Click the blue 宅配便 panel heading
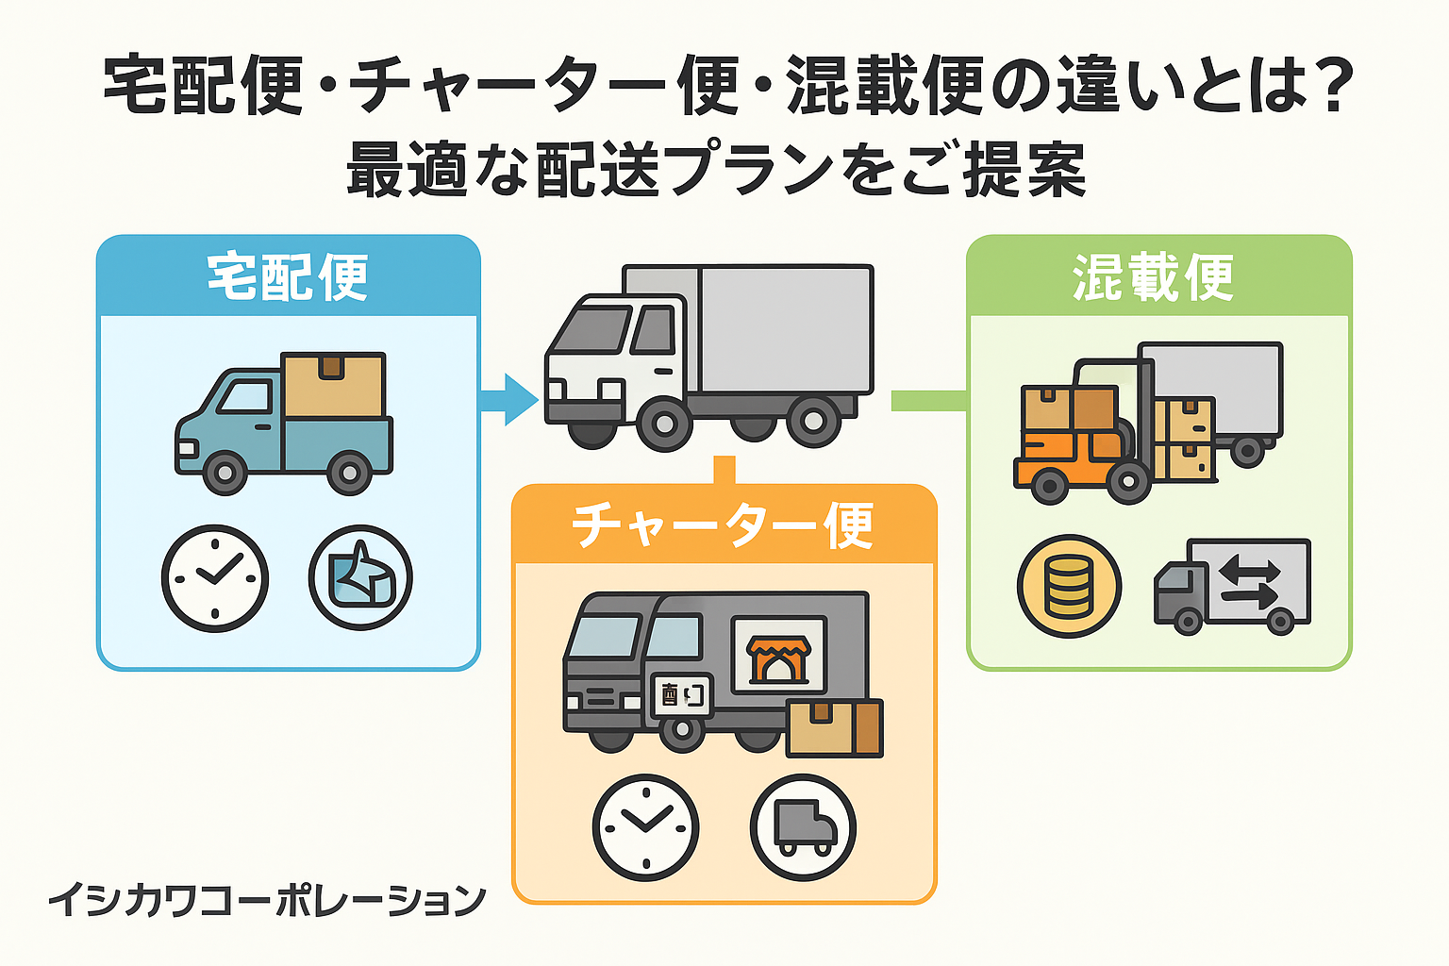[x=288, y=277]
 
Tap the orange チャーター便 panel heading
[x=723, y=525]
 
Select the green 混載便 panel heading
[x=1154, y=277]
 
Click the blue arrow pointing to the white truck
[x=509, y=399]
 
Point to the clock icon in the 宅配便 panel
[x=215, y=577]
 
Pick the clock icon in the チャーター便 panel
[x=645, y=827]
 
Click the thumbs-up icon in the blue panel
[x=360, y=577]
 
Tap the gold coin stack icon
[x=1069, y=586]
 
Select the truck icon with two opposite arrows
[x=1232, y=586]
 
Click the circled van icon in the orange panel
[x=804, y=827]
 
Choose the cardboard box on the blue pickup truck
[x=333, y=386]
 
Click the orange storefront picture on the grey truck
[x=779, y=658]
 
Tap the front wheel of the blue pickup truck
[x=225, y=473]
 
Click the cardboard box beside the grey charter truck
[x=835, y=728]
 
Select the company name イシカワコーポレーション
[x=268, y=900]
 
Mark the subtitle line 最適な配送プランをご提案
[x=716, y=169]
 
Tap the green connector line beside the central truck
[x=929, y=401]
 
